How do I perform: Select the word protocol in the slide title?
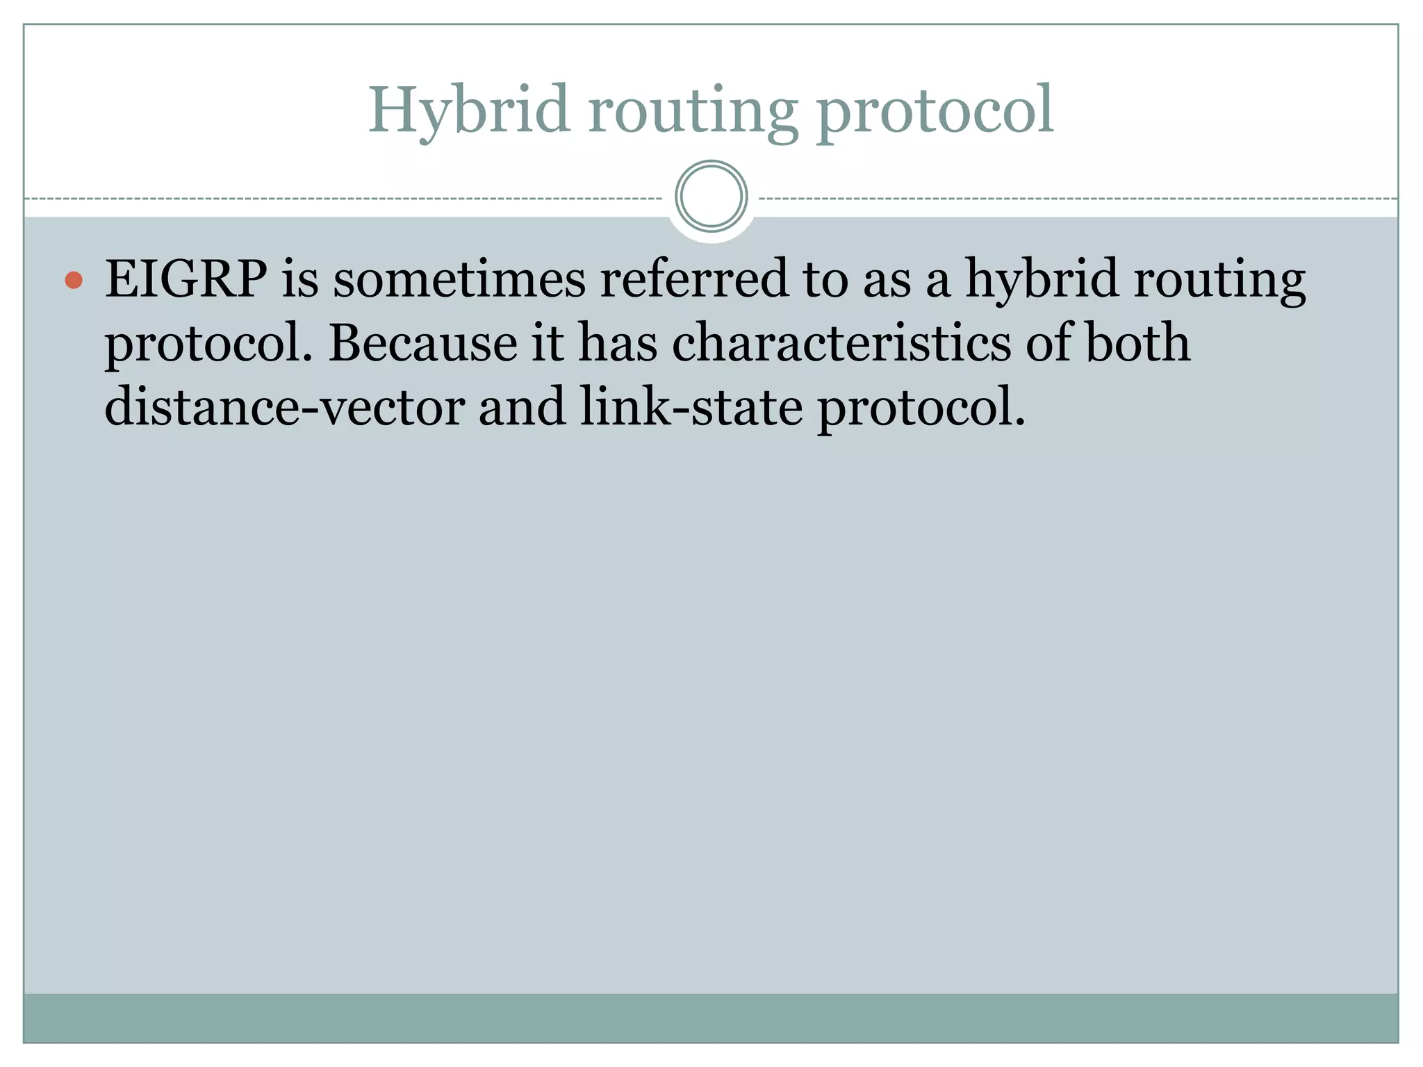pyautogui.click(x=935, y=111)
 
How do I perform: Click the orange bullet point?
pyautogui.click(x=74, y=281)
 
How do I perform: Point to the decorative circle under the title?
pyautogui.click(x=711, y=197)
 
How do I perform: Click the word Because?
pyautogui.click(x=422, y=343)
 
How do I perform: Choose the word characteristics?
pyautogui.click(x=841, y=343)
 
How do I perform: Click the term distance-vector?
pyautogui.click(x=284, y=407)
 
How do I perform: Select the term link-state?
pyautogui.click(x=691, y=407)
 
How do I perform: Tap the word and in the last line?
pyautogui.click(x=522, y=407)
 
